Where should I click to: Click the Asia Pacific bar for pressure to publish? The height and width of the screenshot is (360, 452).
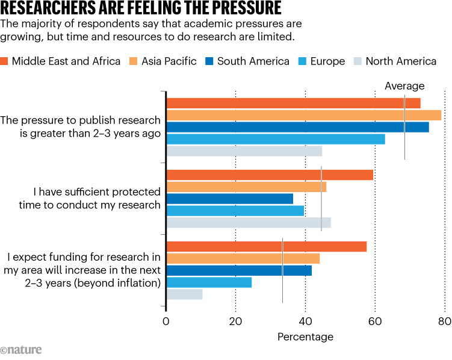(303, 115)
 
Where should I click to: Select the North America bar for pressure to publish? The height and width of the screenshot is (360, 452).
(244, 151)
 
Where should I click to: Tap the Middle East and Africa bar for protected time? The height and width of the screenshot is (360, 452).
(269, 175)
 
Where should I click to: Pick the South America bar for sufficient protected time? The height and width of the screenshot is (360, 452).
(229, 199)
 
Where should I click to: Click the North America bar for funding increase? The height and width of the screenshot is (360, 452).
(184, 294)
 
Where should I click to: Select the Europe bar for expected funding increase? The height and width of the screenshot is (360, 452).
(209, 282)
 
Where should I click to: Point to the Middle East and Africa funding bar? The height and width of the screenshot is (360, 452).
(266, 246)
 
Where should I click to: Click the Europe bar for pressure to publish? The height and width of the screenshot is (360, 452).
(275, 139)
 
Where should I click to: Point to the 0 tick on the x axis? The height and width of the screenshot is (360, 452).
(166, 321)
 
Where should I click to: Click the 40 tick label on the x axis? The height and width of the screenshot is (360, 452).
(306, 321)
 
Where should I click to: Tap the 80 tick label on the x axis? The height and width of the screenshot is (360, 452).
(444, 321)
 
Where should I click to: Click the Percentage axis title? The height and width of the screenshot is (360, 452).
(305, 337)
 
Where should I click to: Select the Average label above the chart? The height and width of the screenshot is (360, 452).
(404, 86)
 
